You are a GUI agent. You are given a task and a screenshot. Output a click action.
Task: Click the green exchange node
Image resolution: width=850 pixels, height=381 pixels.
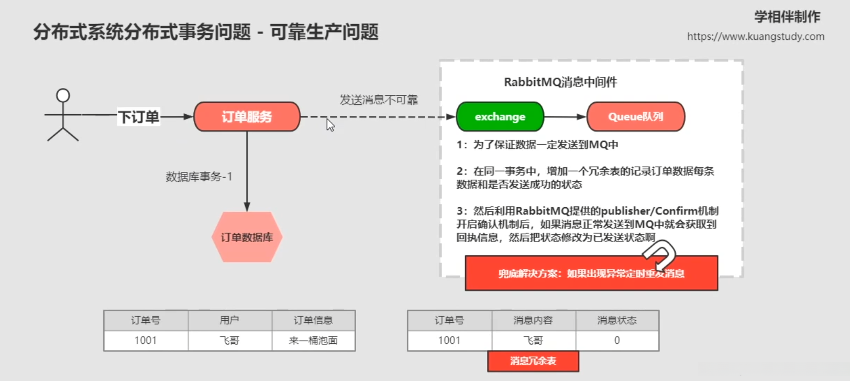500,116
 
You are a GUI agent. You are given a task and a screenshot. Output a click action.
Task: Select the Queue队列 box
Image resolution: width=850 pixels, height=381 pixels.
635,116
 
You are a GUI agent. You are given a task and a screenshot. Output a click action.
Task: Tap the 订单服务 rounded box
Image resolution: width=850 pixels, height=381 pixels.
247,116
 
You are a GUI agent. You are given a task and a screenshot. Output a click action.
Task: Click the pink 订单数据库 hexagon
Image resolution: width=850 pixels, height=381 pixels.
247,237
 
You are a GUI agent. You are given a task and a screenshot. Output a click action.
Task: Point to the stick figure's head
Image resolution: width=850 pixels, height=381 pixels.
63,95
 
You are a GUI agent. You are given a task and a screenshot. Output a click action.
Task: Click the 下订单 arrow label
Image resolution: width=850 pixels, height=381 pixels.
138,116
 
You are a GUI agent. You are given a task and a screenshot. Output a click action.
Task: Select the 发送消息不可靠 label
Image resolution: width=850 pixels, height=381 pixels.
379,100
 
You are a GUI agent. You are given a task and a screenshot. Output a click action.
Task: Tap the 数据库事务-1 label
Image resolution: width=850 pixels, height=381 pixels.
198,177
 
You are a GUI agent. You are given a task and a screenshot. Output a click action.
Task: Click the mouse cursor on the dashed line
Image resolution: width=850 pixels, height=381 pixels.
329,124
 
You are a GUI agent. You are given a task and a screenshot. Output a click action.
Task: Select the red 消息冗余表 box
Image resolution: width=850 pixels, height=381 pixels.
533,361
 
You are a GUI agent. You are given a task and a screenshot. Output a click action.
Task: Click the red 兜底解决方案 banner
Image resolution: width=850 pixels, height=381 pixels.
591,273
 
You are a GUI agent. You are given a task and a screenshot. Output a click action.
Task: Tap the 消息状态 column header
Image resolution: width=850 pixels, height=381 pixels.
617,320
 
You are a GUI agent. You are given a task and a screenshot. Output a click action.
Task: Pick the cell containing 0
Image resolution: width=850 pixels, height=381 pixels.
617,341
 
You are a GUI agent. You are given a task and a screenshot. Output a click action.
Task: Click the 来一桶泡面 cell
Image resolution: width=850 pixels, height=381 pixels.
313,341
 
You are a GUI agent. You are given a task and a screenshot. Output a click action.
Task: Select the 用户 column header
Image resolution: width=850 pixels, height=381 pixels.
229,320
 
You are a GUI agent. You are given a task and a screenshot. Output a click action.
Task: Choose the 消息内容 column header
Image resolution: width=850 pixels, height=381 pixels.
533,320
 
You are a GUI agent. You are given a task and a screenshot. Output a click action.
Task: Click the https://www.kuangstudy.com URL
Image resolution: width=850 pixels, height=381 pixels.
755,37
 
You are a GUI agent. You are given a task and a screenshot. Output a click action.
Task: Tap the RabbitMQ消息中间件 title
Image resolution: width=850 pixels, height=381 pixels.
560,82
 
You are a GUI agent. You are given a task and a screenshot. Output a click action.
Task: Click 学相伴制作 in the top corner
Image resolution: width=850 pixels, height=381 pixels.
787,17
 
